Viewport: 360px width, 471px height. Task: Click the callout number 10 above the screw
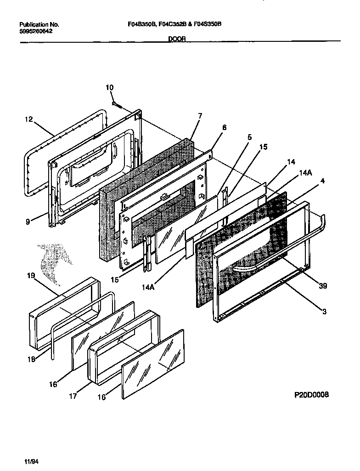click(109, 88)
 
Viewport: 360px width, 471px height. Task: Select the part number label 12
click(28, 119)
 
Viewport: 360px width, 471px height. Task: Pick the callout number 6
click(224, 128)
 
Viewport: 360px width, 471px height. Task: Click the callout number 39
click(323, 286)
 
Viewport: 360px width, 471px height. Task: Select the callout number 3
click(324, 312)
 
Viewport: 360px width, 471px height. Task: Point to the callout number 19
click(30, 277)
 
